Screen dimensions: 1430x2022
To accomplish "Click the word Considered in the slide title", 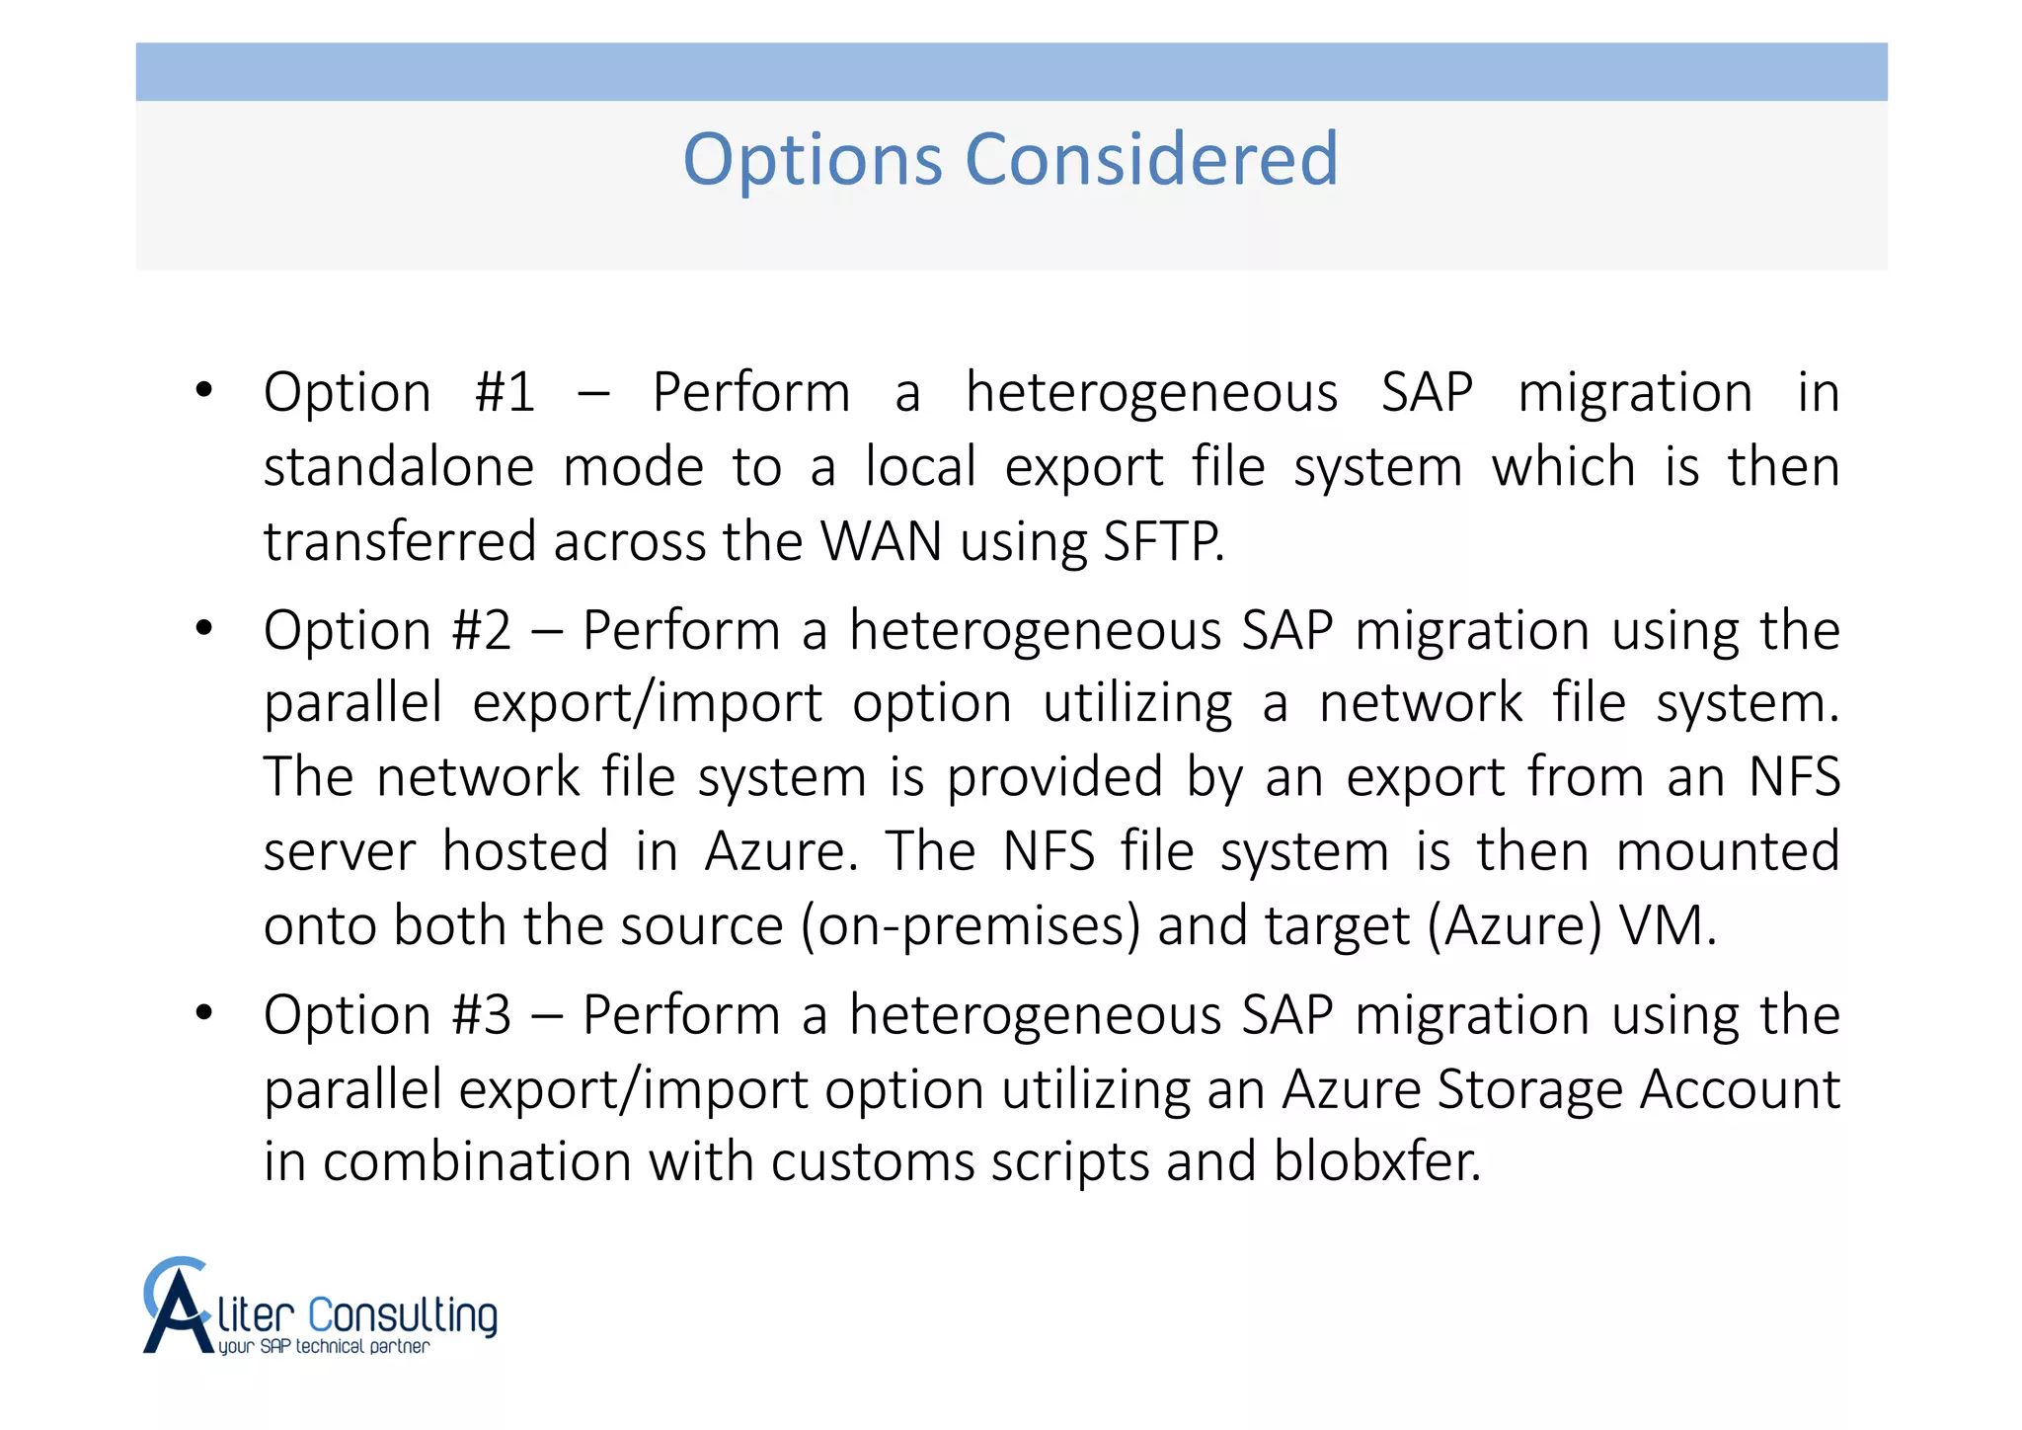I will [x=1151, y=159].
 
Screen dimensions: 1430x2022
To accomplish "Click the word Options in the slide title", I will [x=813, y=161].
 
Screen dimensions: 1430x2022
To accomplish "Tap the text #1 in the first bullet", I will [x=505, y=393].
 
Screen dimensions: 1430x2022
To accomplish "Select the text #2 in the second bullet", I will [x=481, y=631].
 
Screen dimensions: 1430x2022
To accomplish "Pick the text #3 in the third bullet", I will [x=481, y=1015].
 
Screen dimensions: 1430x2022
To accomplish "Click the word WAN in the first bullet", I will [x=882, y=542].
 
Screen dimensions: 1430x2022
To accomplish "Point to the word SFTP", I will [x=1163, y=542].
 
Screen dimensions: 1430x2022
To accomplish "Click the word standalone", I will [x=399, y=467].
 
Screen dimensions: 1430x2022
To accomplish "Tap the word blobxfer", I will [x=1376, y=1161].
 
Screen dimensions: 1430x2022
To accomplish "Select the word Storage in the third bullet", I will [x=1529, y=1089].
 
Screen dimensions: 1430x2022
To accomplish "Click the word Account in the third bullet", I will [x=1740, y=1089].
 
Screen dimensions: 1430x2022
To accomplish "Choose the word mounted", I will [x=1728, y=851].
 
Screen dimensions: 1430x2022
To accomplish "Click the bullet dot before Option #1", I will [x=204, y=390].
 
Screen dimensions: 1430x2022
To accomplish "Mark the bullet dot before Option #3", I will [x=204, y=1012].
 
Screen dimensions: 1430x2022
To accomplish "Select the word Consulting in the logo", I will [x=403, y=1316].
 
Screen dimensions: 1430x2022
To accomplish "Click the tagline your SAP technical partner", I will [x=324, y=1347].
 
